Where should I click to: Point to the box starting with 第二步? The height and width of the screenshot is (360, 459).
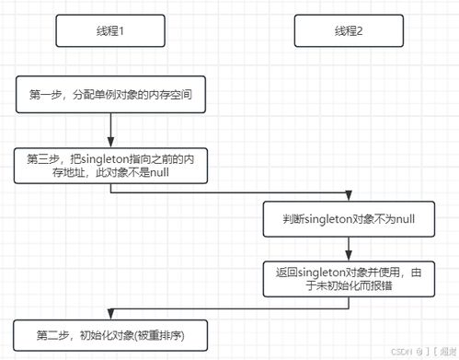coord(109,333)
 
